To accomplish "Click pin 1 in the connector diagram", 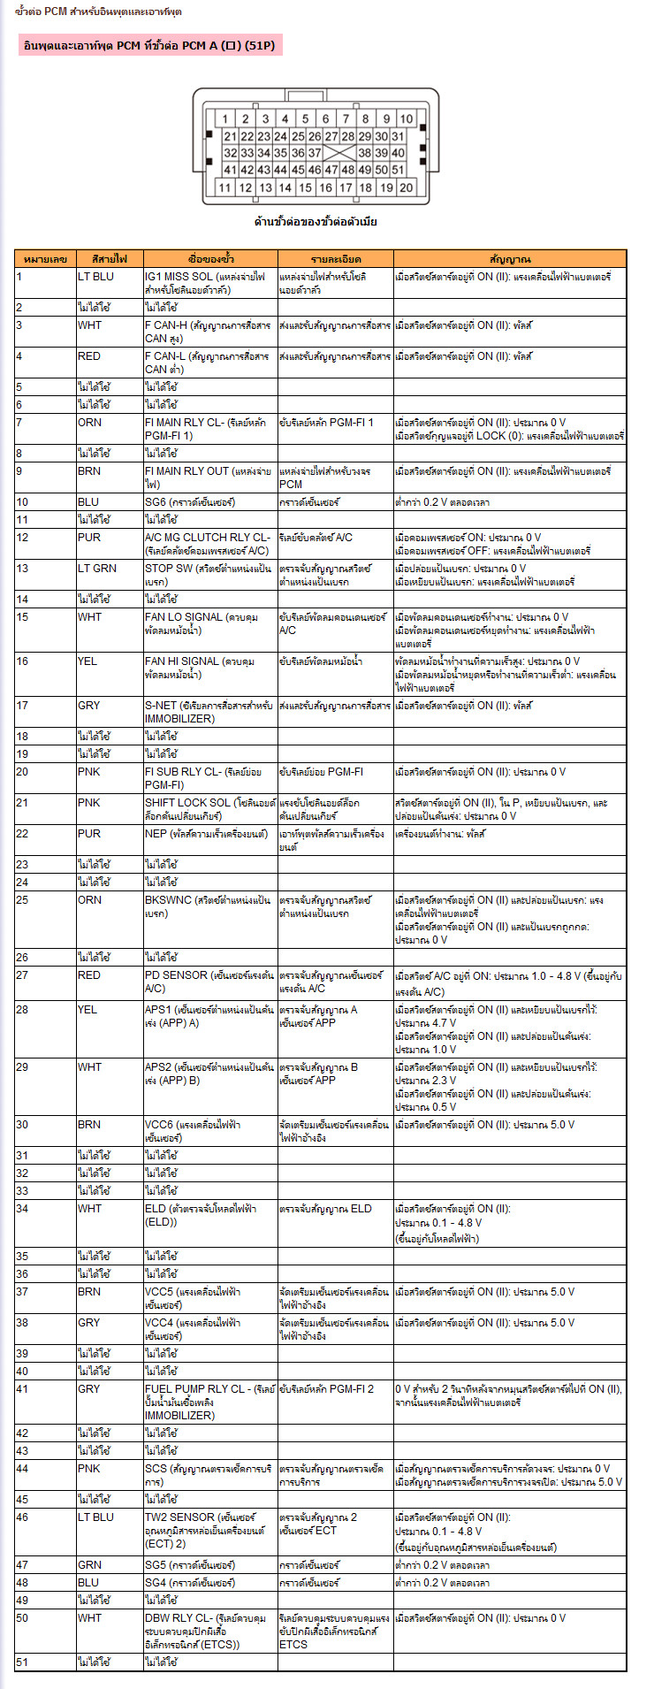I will [x=225, y=119].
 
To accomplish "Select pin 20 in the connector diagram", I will [x=406, y=187].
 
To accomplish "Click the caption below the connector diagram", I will [x=316, y=222].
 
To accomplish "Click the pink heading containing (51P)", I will [x=149, y=46].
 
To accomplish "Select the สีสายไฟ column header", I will [x=109, y=259].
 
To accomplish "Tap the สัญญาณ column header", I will [x=510, y=259].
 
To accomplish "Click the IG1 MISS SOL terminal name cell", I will [x=209, y=283].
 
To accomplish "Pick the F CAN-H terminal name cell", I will [x=209, y=332].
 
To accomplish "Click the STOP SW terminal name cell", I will [x=209, y=575].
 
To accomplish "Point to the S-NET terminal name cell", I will [x=209, y=712].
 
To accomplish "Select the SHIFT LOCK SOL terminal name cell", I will [x=209, y=809].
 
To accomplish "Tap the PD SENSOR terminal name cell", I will [x=209, y=982].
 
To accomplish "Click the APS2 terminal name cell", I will [x=209, y=1074].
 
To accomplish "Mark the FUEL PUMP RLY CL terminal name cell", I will [x=209, y=1402].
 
